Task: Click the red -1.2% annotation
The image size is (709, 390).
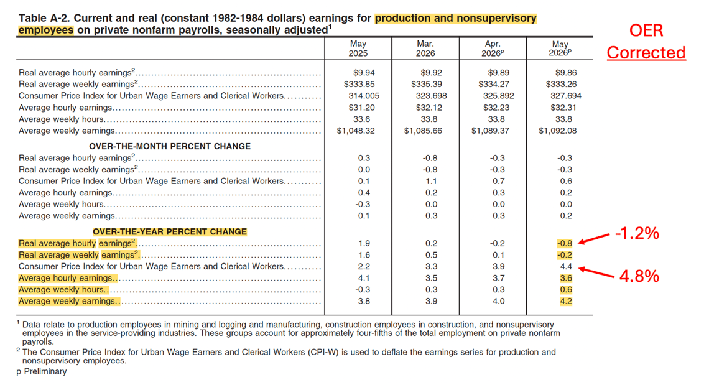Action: point(637,233)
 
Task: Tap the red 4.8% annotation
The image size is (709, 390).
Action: point(639,276)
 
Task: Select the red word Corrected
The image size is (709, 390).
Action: point(646,52)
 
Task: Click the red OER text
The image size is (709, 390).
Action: point(646,30)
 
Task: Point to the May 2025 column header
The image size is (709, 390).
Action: point(358,49)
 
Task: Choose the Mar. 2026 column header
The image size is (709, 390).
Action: point(425,49)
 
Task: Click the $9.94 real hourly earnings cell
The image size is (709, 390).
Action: point(364,72)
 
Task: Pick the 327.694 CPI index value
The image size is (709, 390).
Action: point(566,96)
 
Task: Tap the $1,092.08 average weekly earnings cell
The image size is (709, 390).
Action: point(557,131)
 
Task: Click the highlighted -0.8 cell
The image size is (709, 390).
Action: point(565,243)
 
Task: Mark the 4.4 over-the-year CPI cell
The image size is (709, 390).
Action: point(566,266)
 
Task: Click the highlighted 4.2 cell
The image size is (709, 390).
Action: point(566,301)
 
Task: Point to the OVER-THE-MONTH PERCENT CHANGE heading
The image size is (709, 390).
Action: point(170,147)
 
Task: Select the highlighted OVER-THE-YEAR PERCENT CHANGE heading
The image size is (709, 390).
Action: point(170,231)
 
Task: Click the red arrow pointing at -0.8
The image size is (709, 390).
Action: point(594,238)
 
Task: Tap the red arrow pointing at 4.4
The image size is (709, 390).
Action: point(596,272)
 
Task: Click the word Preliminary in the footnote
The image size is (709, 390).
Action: point(45,371)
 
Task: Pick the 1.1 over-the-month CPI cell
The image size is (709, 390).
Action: point(432,181)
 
